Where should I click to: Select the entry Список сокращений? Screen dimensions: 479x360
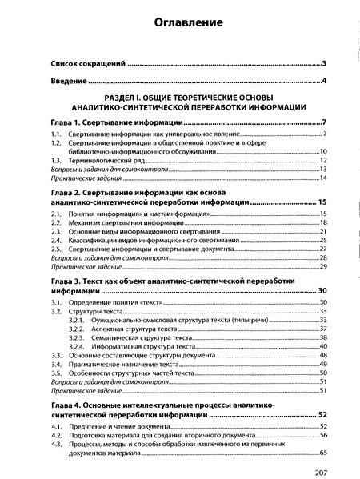point(83,62)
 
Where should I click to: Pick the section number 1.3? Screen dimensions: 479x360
point(54,160)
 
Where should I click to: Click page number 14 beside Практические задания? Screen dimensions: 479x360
point(323,178)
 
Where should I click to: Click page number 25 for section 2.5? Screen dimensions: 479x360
point(323,249)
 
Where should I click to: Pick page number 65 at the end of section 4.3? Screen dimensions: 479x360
point(323,455)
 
